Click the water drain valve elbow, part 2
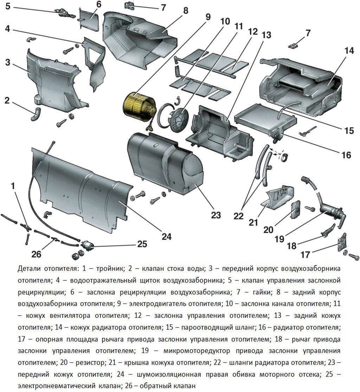coord(36,115)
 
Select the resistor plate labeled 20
coord(296,209)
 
